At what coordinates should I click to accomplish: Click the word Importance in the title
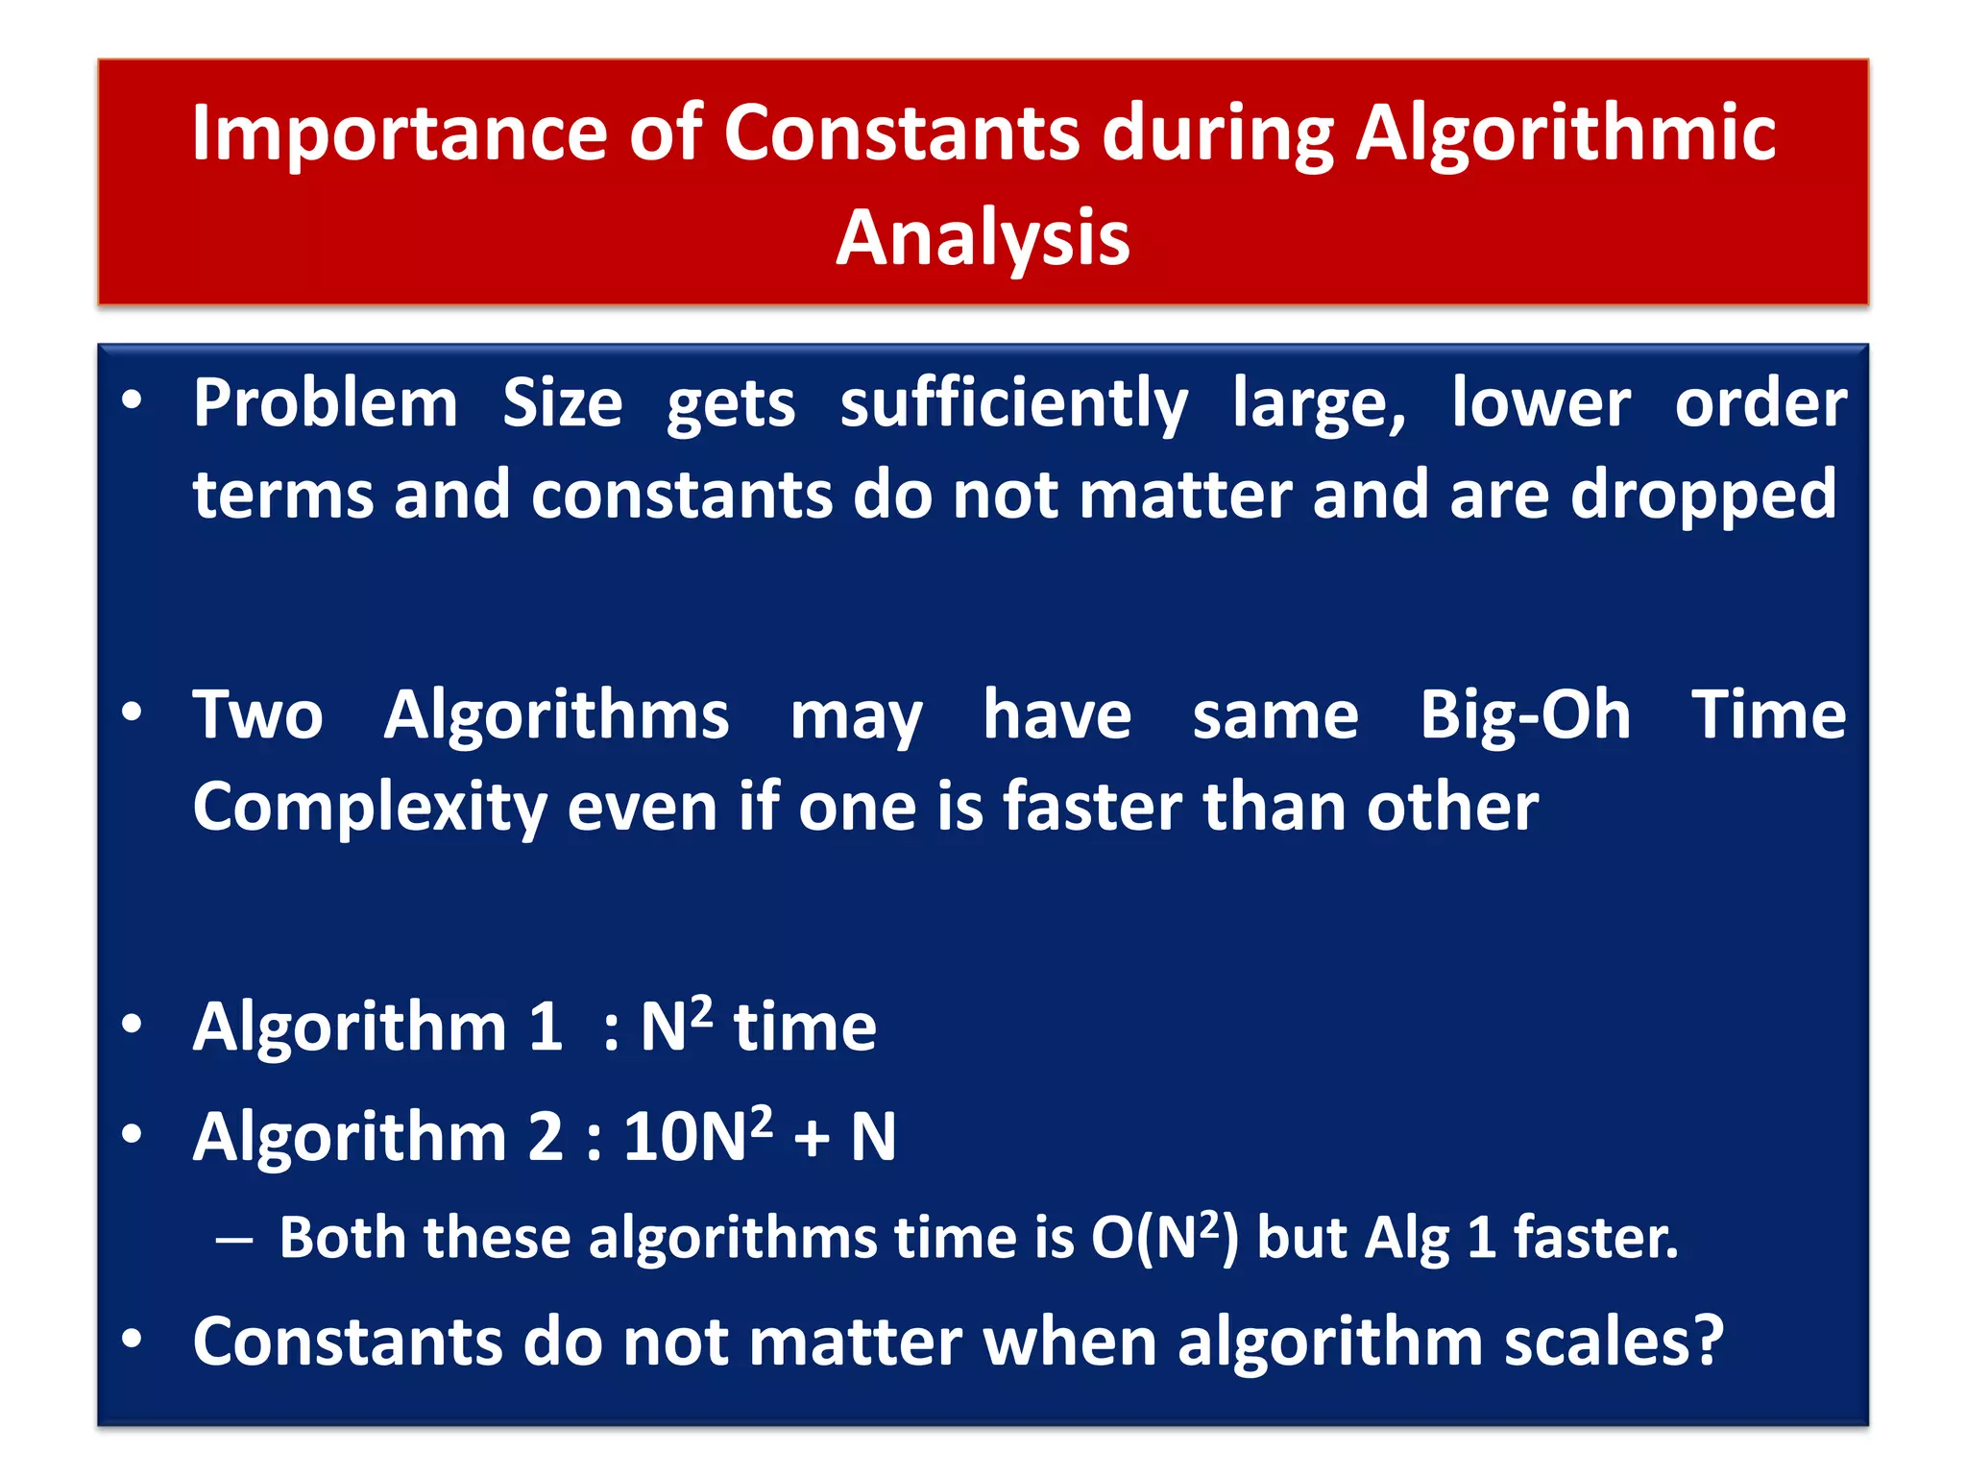399,134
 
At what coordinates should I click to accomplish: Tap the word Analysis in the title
983,238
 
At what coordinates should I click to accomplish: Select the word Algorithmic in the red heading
1566,134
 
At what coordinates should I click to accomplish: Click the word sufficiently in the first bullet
1014,403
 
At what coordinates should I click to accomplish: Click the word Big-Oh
1525,715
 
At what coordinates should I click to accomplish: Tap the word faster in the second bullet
1092,807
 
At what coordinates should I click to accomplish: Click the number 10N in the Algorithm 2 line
684,1138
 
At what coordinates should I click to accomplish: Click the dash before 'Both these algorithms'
234,1241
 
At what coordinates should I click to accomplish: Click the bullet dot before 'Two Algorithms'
133,713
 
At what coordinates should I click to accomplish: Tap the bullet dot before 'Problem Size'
133,399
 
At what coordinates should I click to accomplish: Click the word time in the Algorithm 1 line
805,1028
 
